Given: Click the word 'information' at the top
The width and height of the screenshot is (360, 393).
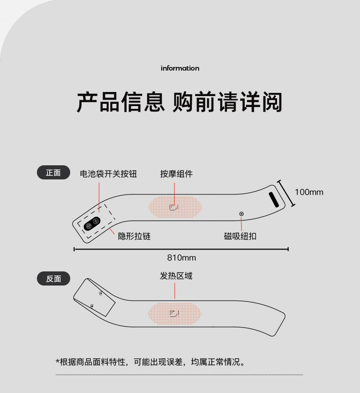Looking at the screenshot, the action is (180, 68).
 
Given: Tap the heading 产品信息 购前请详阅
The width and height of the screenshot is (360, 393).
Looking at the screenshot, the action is (180, 102).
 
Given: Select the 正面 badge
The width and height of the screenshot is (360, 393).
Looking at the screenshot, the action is (53, 173).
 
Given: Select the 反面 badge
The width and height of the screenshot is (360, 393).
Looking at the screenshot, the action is (53, 278).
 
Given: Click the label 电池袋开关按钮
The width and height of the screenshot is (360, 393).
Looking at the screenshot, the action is (108, 174).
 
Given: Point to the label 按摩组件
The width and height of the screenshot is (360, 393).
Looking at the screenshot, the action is (177, 174).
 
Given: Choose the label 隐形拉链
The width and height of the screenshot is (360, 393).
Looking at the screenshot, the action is (134, 236).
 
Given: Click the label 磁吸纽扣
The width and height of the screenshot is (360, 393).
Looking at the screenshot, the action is (240, 236).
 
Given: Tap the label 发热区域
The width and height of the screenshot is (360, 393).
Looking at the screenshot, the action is (176, 276).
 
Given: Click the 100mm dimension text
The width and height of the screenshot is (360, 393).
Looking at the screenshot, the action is (309, 192).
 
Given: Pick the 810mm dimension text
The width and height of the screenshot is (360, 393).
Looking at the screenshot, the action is (181, 258).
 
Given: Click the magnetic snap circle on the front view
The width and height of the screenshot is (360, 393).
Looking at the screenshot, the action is (242, 214).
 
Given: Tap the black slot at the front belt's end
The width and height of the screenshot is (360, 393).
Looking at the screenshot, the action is (274, 199).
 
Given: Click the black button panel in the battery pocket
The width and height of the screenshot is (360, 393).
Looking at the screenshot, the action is (92, 224).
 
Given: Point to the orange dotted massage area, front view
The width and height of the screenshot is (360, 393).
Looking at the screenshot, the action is (175, 207).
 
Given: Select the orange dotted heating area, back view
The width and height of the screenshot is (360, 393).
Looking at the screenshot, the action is (175, 314).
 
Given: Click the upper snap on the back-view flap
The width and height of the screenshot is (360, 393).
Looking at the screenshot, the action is (101, 293).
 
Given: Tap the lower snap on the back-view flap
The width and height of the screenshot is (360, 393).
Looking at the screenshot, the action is (92, 306).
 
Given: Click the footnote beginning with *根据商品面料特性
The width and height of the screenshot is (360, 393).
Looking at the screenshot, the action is (150, 362).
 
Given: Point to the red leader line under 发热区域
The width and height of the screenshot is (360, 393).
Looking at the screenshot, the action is (175, 291).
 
